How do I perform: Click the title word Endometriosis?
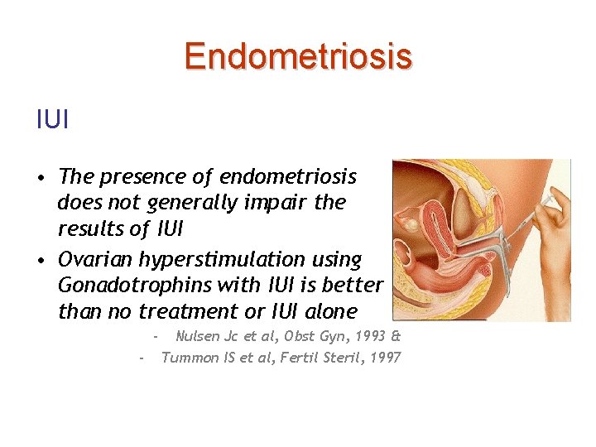[x=297, y=57]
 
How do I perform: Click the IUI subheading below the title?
[x=52, y=120]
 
